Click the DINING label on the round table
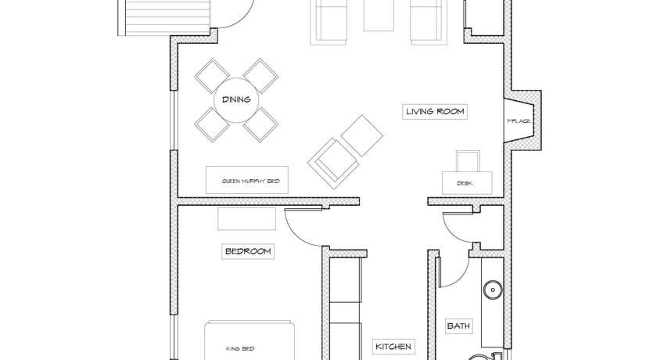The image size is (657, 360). pyautogui.click(x=236, y=99)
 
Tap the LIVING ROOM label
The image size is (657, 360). pyautogui.click(x=435, y=111)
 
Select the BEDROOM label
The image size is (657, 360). pyautogui.click(x=248, y=251)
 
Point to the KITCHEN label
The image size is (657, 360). pyautogui.click(x=393, y=347)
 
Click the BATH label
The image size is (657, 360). pyautogui.click(x=458, y=326)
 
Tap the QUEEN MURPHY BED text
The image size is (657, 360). pyautogui.click(x=250, y=182)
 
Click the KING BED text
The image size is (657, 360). pyautogui.click(x=240, y=349)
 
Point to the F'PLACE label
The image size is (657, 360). pyautogui.click(x=519, y=121)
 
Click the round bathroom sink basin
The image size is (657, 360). pyautogui.click(x=494, y=290)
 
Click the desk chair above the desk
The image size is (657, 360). pyautogui.click(x=468, y=161)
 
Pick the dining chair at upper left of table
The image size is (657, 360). pyautogui.click(x=212, y=76)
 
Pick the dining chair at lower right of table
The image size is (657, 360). pyautogui.click(x=261, y=125)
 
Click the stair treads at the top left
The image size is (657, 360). pyautogui.click(x=163, y=17)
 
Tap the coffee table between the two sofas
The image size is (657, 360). pyautogui.click(x=379, y=16)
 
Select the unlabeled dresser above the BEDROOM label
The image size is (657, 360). pyautogui.click(x=247, y=219)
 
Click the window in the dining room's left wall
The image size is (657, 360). pyautogui.click(x=172, y=120)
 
